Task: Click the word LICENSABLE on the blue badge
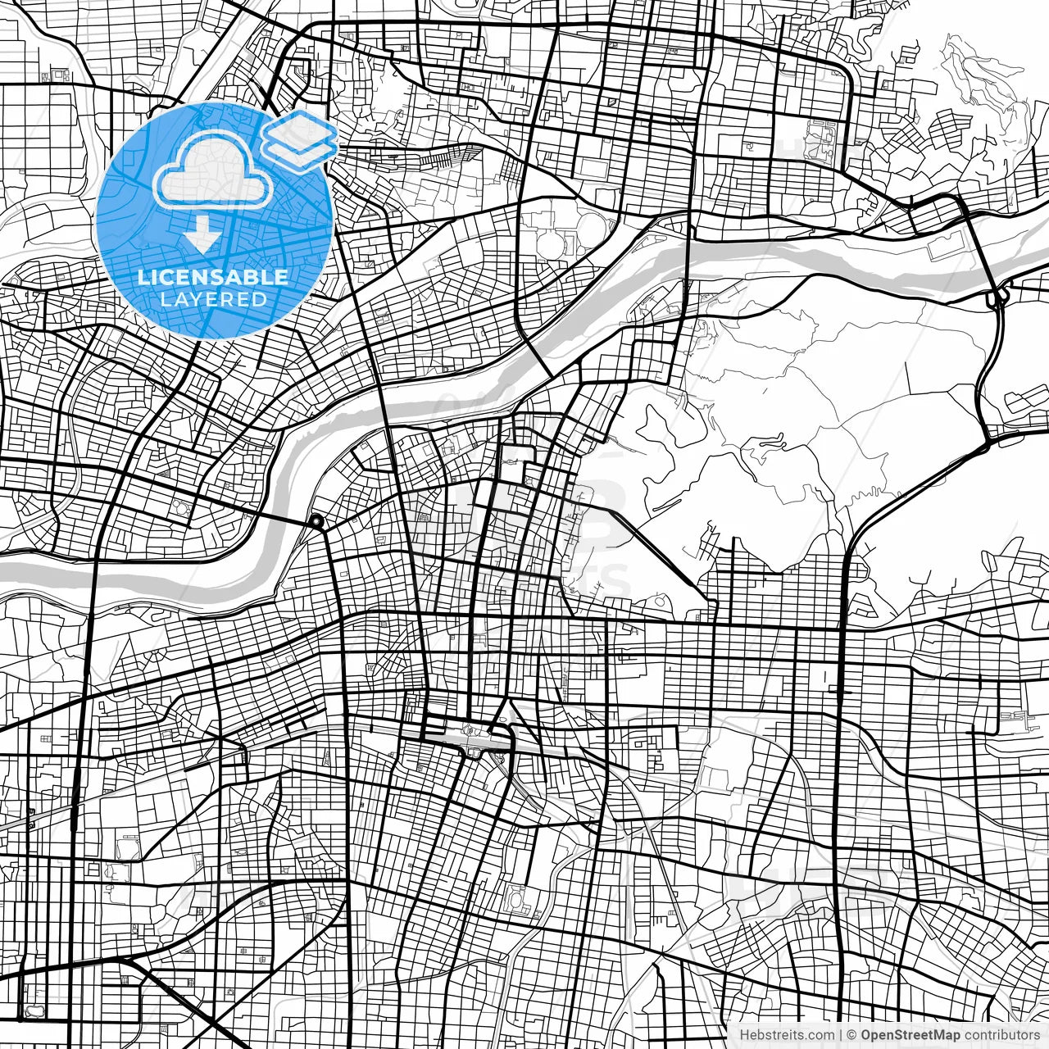tap(213, 277)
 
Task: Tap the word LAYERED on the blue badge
tap(213, 299)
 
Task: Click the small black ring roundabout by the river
tap(316, 521)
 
